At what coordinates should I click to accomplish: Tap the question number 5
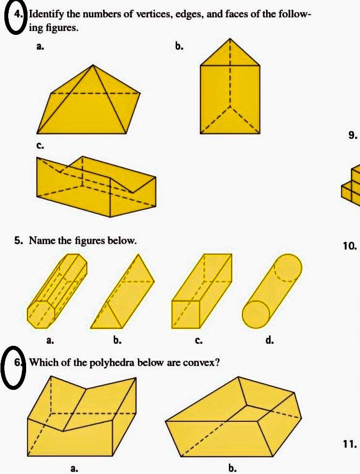[18, 240]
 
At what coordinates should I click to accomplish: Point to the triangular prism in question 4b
[230, 92]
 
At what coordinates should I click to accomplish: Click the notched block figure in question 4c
[97, 186]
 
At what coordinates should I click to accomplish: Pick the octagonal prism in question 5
[57, 291]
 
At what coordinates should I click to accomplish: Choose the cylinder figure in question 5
[272, 290]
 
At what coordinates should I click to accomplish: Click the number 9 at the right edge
[353, 135]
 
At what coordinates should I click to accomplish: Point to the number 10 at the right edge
[350, 246]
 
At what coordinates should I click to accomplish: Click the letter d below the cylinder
[270, 341]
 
